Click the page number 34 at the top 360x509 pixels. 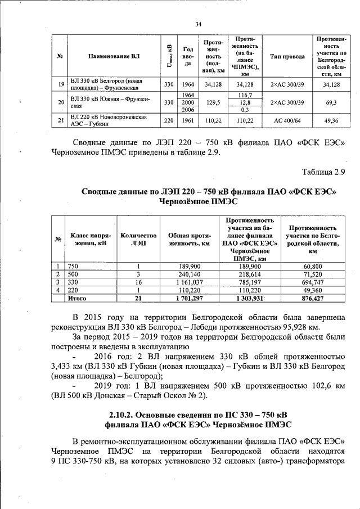[198, 24]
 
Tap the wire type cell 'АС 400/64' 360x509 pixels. [287, 120]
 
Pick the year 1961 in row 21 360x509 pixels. [188, 120]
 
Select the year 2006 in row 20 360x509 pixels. [188, 110]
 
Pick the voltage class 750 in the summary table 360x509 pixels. [73, 266]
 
